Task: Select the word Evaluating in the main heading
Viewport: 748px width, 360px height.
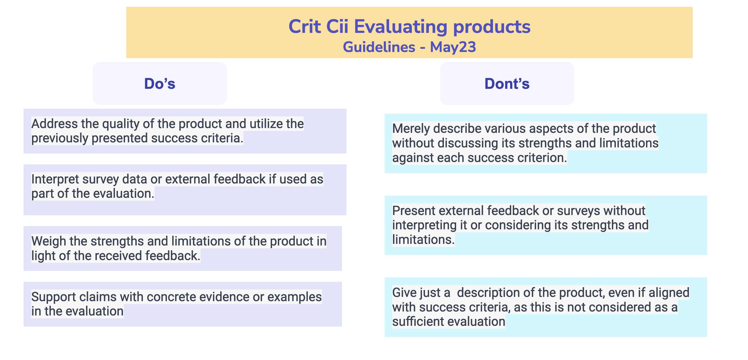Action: click(401, 27)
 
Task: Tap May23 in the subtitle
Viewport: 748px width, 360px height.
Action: click(453, 47)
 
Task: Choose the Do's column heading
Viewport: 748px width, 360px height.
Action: click(160, 84)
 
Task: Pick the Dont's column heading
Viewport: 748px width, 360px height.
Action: click(507, 84)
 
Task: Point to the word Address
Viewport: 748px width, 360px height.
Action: click(55, 124)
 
